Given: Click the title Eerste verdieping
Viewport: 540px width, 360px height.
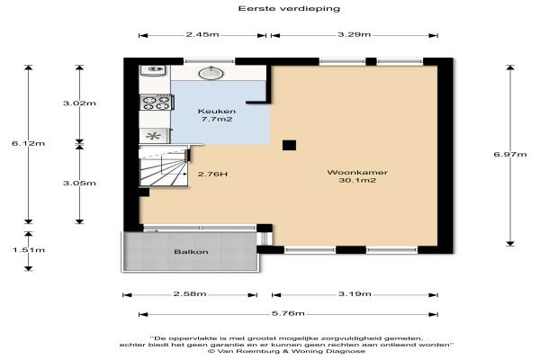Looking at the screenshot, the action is (x=289, y=9).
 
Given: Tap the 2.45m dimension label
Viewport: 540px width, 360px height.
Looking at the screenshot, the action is (x=202, y=34).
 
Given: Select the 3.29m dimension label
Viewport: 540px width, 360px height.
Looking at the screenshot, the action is (x=354, y=34).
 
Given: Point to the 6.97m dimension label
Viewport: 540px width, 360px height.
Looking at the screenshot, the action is (x=510, y=154).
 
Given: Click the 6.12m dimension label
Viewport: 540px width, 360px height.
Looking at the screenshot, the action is (x=28, y=143).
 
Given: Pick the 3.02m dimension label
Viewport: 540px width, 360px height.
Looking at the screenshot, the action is (x=79, y=103).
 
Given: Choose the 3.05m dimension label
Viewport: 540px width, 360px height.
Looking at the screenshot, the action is (x=79, y=183).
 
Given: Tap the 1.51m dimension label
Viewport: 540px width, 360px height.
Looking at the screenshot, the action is (x=29, y=250).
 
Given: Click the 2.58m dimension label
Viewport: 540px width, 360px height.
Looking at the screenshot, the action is (x=190, y=294).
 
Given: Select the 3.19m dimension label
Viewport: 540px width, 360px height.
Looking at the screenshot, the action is (x=355, y=294).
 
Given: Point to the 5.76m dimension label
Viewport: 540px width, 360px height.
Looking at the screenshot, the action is (x=288, y=313).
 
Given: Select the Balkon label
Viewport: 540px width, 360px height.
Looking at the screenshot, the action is (x=191, y=252).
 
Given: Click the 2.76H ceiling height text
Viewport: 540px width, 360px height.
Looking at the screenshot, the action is (x=212, y=175).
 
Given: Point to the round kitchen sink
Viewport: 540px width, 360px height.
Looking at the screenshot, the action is (x=211, y=73).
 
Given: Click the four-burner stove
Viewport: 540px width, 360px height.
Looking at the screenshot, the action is (x=157, y=103).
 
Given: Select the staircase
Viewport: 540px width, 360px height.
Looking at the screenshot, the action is (x=164, y=166).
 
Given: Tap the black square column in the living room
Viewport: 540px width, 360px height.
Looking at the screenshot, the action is (x=289, y=146).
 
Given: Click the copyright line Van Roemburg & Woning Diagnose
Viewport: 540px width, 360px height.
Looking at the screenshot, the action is (x=286, y=351).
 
